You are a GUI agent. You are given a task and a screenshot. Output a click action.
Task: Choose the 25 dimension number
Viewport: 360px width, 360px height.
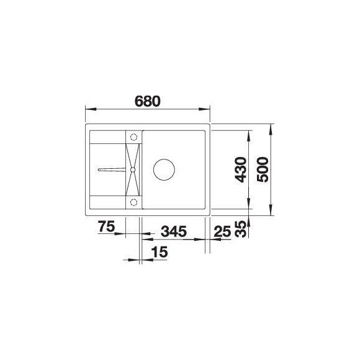222,232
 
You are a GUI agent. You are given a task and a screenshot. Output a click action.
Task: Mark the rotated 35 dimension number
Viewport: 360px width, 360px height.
240,230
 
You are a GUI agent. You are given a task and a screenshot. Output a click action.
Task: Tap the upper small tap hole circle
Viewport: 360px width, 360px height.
133,136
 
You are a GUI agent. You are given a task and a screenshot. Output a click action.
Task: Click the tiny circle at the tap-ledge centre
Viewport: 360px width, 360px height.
133,168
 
